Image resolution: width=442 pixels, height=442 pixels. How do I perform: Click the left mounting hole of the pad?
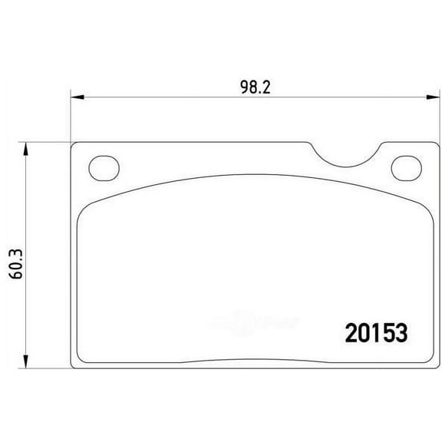(x=101, y=166)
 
